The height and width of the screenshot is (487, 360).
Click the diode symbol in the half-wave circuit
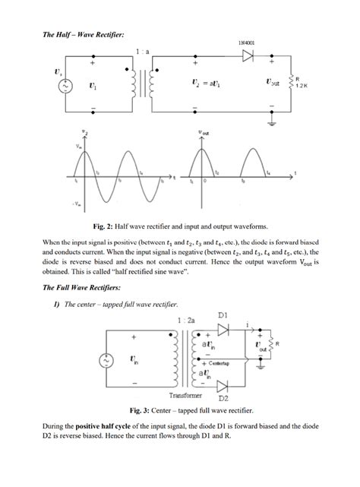coord(246,57)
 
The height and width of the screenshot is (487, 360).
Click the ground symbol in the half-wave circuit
coord(273,120)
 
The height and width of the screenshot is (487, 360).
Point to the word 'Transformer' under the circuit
coord(185,396)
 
